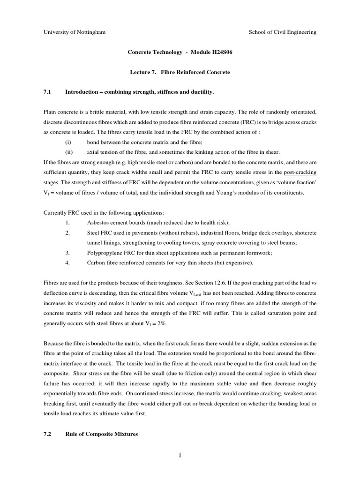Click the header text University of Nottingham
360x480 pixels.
(x=74, y=32)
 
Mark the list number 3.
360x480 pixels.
(x=67, y=253)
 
